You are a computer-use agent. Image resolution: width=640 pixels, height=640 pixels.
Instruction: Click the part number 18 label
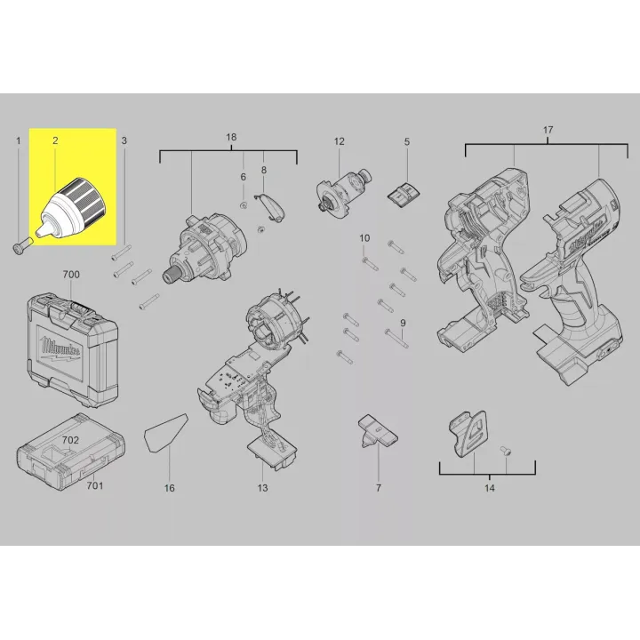(231, 137)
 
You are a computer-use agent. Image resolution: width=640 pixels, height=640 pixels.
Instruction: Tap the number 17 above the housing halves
(548, 130)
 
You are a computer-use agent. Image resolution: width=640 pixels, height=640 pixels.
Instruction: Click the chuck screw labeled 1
(23, 245)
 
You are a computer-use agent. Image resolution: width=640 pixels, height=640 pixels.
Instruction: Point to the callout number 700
(71, 275)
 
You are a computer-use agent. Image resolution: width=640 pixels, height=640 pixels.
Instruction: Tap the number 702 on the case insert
(70, 440)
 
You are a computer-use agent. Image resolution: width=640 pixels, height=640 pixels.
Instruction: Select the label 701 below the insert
(95, 485)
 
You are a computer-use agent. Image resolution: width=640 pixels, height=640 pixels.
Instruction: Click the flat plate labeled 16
(165, 433)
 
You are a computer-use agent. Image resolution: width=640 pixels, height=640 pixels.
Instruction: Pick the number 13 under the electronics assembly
(262, 488)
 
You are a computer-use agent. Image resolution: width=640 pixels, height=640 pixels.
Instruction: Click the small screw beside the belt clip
(506, 450)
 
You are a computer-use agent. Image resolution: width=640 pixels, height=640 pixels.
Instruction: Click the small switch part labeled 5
(404, 194)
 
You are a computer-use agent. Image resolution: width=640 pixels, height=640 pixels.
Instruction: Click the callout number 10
(364, 238)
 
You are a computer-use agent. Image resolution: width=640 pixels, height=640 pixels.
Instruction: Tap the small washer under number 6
(244, 205)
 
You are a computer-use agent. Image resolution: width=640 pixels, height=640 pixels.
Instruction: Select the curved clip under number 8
(270, 207)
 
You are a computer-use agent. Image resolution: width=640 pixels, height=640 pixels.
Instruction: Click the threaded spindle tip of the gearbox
(171, 275)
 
